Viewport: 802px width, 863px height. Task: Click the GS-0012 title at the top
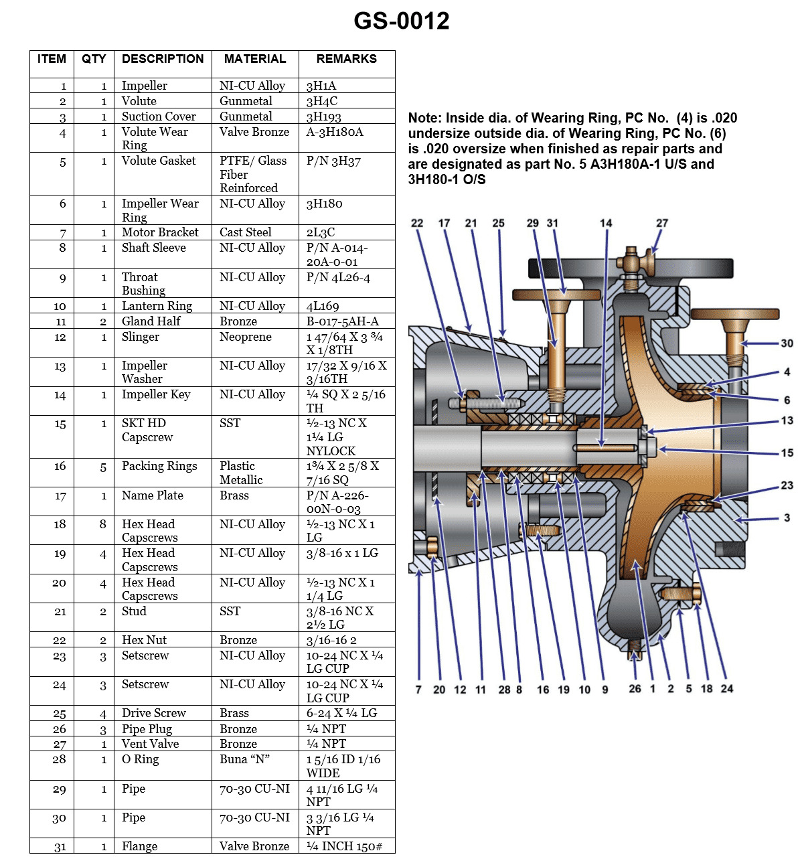pos(401,21)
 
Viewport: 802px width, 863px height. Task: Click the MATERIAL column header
pos(254,59)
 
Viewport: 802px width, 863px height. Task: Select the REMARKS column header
pos(346,59)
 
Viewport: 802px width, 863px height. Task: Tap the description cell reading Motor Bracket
pos(160,232)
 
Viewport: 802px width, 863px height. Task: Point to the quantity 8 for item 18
pos(103,524)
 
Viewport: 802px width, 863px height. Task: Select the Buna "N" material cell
pos(244,759)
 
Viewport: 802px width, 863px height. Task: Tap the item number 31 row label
pos(60,847)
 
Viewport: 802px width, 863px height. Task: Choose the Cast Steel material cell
pos(245,232)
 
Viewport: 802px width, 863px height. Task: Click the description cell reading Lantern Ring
pos(157,306)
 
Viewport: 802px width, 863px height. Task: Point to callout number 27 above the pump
pos(661,223)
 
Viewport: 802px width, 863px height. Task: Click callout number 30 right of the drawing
pos(787,343)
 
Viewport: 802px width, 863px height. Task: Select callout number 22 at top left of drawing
pos(417,223)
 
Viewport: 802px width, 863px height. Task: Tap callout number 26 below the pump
pos(635,688)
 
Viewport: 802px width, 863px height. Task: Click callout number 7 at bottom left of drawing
pos(418,689)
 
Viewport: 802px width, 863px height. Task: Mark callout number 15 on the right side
pos(787,453)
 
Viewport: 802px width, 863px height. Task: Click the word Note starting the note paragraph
pos(424,119)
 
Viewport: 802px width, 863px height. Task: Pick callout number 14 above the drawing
pos(605,223)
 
